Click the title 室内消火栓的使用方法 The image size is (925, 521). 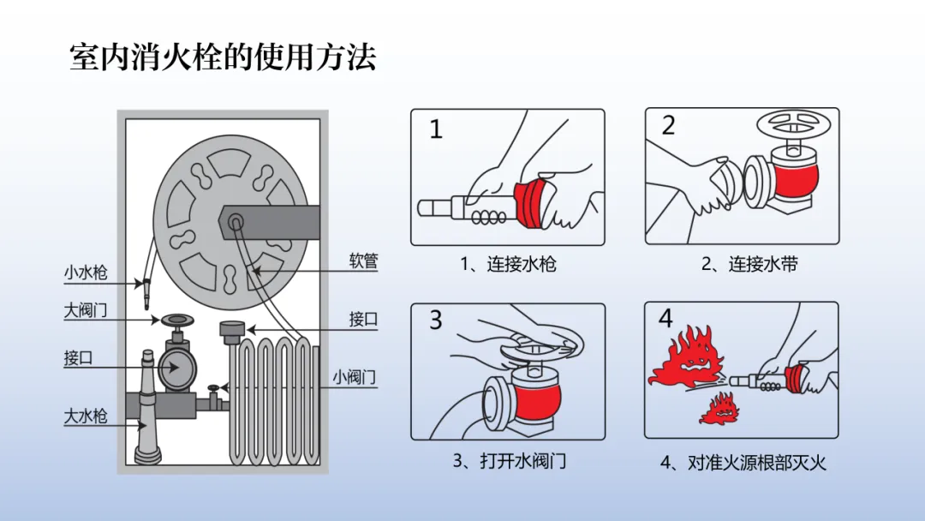click(223, 57)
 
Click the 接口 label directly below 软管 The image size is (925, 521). click(363, 319)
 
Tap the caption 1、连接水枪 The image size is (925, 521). click(508, 264)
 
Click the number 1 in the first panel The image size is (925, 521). click(437, 130)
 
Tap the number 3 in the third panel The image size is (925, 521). click(436, 320)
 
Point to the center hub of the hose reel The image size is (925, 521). click(234, 221)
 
